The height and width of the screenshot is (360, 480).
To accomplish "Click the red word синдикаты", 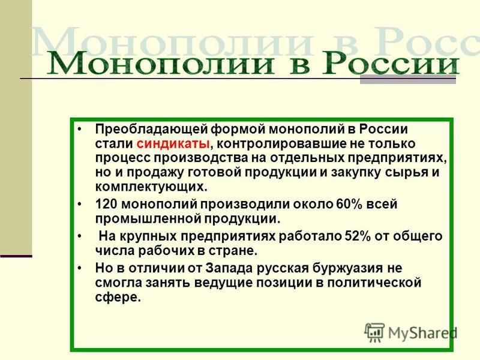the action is pyautogui.click(x=173, y=144).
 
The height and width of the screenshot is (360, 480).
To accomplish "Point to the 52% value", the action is pyautogui.click(x=358, y=236).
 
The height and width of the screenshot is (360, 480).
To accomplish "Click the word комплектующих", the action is pyautogui.click(x=151, y=187).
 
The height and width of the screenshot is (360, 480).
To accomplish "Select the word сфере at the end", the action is pyautogui.click(x=118, y=297).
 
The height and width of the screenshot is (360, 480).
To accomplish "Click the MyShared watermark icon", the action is pyautogui.click(x=374, y=332).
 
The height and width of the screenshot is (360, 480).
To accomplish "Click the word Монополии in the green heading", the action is pyautogui.click(x=160, y=63).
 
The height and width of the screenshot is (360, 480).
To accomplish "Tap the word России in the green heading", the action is pyautogui.click(x=391, y=63).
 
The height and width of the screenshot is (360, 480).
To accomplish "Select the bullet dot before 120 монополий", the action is pyautogui.click(x=80, y=204).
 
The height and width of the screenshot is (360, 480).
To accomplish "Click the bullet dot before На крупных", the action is pyautogui.click(x=80, y=236).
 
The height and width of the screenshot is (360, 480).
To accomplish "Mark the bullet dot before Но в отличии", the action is pyautogui.click(x=80, y=268).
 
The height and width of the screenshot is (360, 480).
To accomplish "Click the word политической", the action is pyautogui.click(x=374, y=283).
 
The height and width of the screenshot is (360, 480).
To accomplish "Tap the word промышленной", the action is pyautogui.click(x=148, y=219).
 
